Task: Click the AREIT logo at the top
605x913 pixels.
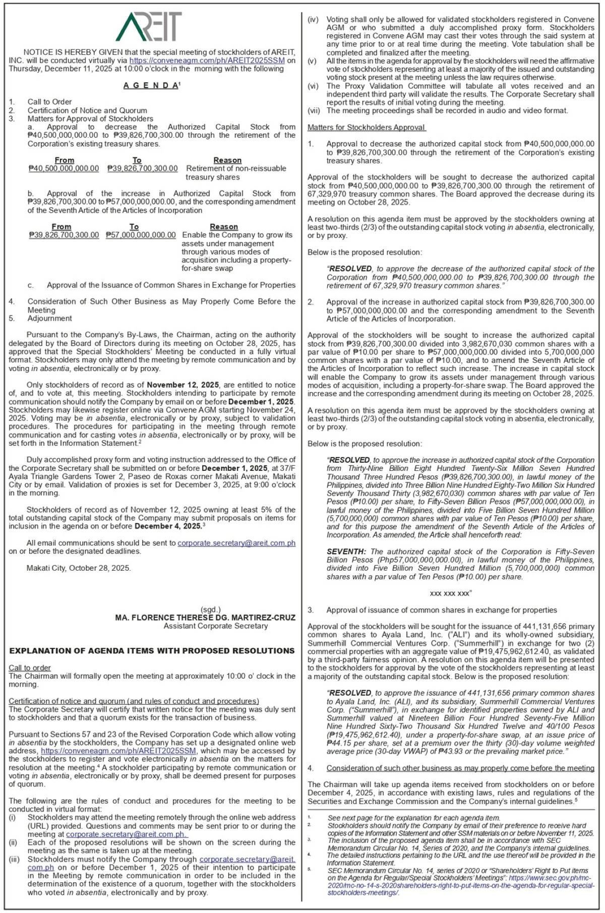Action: tap(149, 27)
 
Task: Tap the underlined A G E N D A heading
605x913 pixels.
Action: tap(151, 86)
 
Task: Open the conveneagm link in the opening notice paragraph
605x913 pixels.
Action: tap(207, 60)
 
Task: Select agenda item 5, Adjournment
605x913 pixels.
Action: tap(49, 319)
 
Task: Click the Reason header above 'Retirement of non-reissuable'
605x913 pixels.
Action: tap(227, 160)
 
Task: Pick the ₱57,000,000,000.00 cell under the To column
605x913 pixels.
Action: tap(141, 235)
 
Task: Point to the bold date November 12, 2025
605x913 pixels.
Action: tap(183, 385)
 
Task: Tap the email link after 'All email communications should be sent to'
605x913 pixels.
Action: tap(236, 543)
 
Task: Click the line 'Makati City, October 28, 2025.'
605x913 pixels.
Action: tap(79, 568)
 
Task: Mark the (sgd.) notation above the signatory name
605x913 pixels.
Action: tap(210, 610)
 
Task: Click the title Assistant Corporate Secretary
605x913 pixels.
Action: tap(216, 626)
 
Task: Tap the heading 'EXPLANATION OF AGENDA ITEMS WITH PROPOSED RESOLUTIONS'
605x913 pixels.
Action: tap(152, 651)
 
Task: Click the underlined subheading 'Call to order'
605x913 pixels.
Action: tap(30, 668)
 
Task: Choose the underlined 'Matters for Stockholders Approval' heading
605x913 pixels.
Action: tap(367, 128)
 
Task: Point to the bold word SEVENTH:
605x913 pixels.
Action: tap(346, 552)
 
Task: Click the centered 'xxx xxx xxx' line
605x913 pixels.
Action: tap(451, 593)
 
